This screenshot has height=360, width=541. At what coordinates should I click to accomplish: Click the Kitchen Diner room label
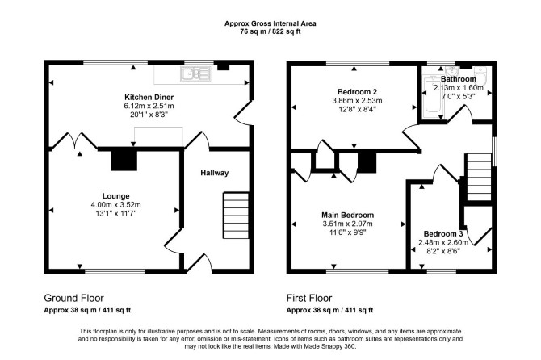tap(149, 97)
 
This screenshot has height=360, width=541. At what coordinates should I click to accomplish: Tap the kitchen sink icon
tap(195, 74)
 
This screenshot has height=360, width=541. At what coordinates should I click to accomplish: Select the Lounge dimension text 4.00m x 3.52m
tap(115, 205)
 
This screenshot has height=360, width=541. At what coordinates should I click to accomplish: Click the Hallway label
tap(215, 173)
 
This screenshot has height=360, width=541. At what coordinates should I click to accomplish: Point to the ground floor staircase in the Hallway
tap(236, 216)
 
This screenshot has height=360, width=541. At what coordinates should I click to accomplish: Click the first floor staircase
tap(479, 177)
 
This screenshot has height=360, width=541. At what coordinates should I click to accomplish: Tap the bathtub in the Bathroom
tap(433, 98)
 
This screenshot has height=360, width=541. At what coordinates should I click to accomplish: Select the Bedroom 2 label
tap(357, 92)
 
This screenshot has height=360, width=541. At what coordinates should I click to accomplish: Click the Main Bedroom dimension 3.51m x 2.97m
tap(347, 224)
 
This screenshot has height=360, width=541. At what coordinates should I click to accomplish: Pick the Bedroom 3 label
tap(443, 234)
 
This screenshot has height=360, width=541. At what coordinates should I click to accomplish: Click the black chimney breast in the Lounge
tap(124, 161)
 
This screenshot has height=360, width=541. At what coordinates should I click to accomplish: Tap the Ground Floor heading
tap(73, 298)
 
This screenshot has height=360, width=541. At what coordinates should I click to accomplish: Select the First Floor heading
tap(309, 298)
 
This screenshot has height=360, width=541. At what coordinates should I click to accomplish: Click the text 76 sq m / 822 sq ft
tap(270, 31)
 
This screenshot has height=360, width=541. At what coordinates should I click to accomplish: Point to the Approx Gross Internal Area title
tap(270, 23)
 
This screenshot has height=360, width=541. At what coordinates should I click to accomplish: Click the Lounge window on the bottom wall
tap(115, 271)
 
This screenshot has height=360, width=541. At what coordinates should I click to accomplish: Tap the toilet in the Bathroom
tap(480, 76)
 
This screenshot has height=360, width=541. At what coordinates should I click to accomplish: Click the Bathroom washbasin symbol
tap(451, 72)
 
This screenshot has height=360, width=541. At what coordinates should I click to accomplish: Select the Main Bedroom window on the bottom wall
tap(358, 271)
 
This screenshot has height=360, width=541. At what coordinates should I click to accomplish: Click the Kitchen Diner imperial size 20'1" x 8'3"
tap(149, 115)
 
